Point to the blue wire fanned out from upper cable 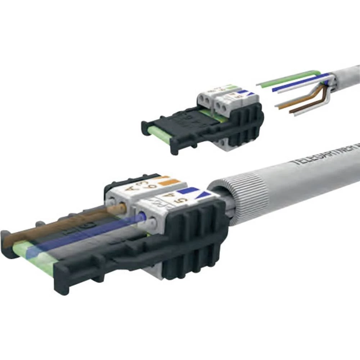[299, 82]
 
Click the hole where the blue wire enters [143, 216]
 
